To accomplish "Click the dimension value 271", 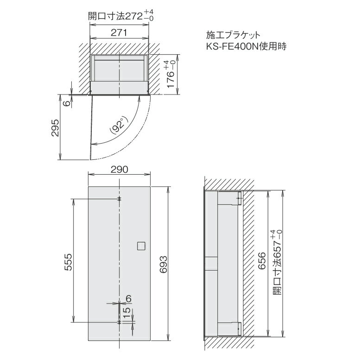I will coord(120,32).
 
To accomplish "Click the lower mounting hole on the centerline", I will coord(120,321).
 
